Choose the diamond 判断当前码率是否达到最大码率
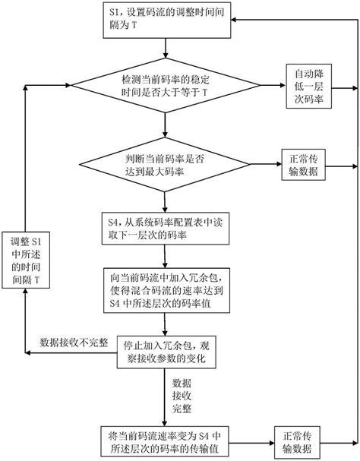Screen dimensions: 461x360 click(166, 166)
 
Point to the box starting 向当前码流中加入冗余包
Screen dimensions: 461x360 click(166, 292)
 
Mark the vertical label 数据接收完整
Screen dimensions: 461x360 click(176, 394)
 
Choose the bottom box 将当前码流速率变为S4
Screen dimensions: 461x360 click(166, 440)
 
